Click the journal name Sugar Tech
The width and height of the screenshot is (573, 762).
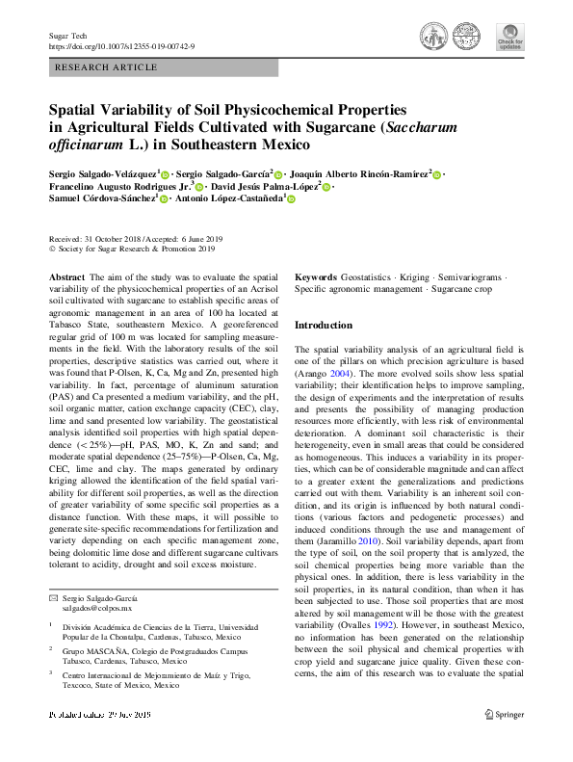[67, 35]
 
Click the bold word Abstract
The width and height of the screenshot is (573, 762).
[66, 277]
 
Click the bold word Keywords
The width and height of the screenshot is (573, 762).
[316, 277]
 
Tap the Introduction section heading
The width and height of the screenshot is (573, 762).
[323, 326]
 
